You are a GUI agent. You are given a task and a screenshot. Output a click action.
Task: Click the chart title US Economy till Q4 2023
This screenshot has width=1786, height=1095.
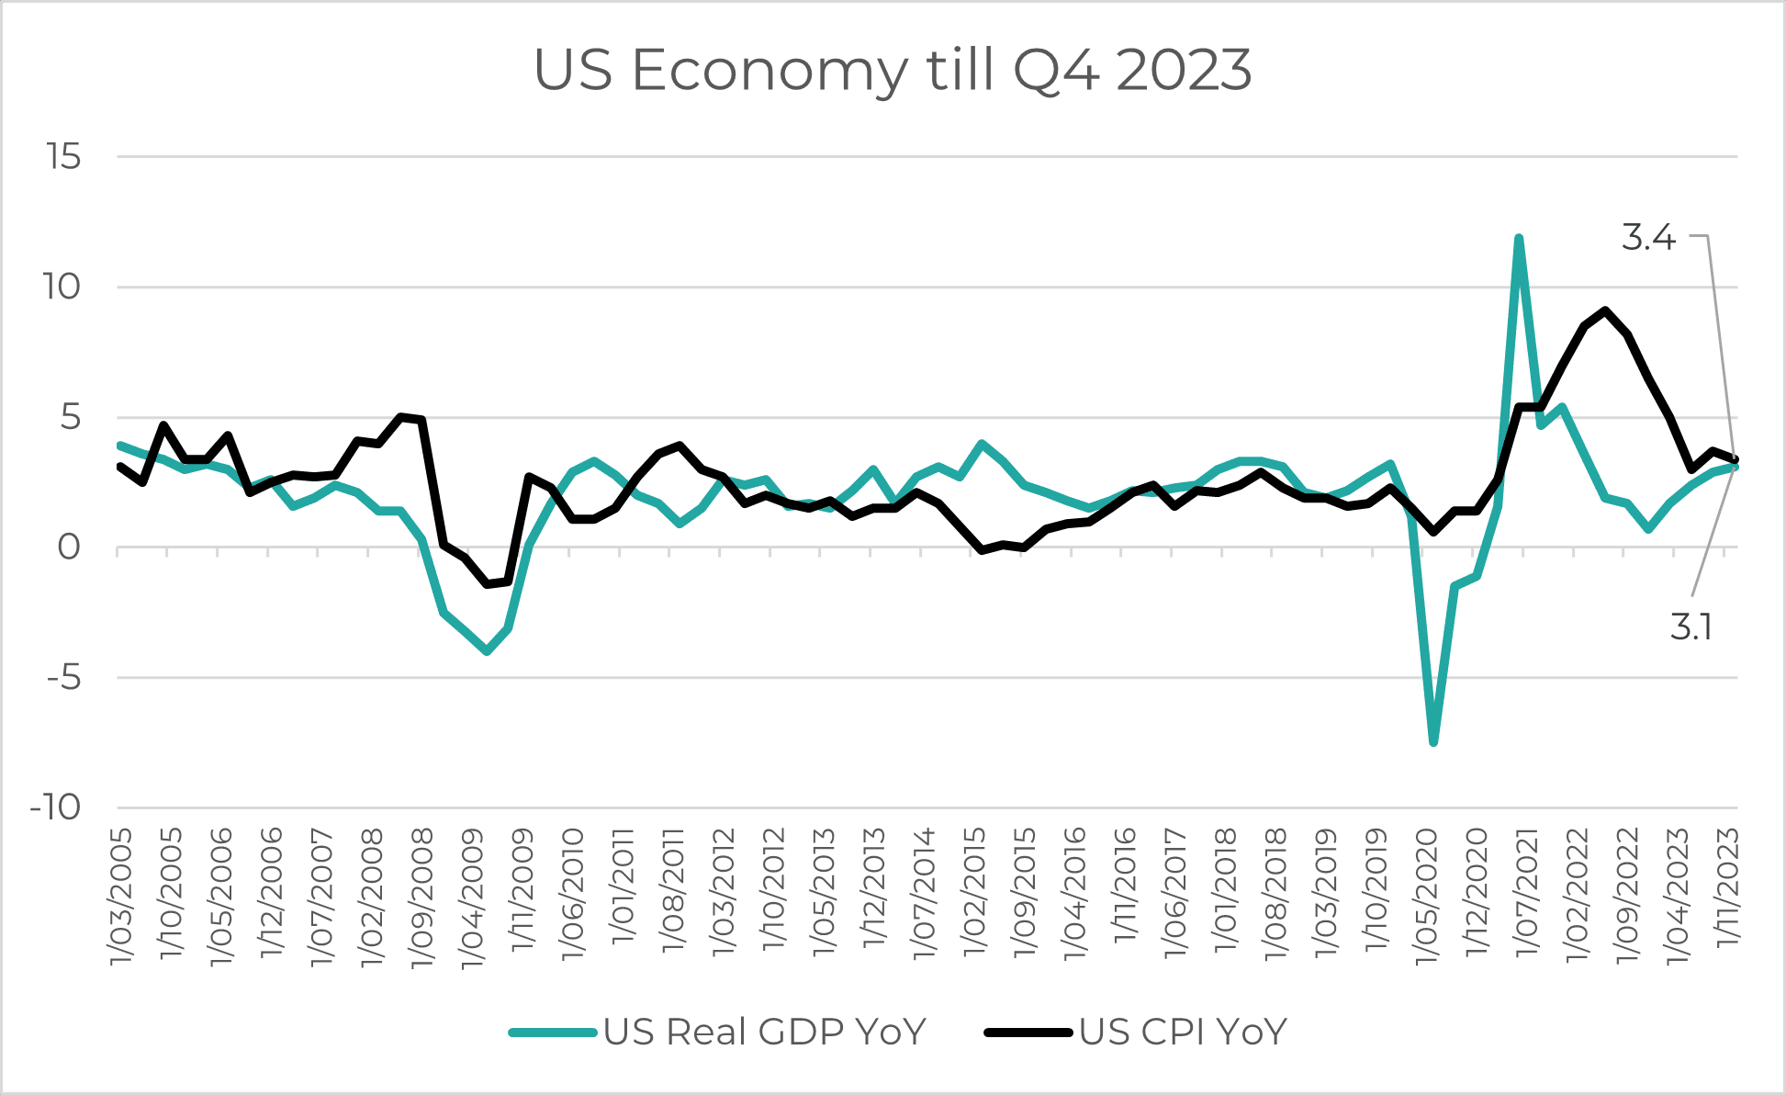pyautogui.click(x=893, y=71)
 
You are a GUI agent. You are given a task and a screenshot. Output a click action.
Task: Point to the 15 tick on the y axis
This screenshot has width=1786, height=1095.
pyautogui.click(x=64, y=157)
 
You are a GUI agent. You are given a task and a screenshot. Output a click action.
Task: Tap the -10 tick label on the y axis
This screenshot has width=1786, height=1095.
pyautogui.click(x=55, y=807)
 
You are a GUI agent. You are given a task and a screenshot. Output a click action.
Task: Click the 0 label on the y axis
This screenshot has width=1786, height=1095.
pyautogui.click(x=69, y=547)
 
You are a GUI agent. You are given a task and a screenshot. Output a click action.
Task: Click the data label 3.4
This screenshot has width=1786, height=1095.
pyautogui.click(x=1648, y=238)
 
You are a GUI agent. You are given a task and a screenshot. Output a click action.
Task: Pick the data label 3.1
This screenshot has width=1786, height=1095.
pyautogui.click(x=1691, y=627)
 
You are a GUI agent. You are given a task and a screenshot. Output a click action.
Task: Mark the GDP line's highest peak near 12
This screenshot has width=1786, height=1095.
pyautogui.click(x=1519, y=239)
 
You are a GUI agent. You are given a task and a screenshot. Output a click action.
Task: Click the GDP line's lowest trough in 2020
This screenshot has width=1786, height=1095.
pyautogui.click(x=1433, y=741)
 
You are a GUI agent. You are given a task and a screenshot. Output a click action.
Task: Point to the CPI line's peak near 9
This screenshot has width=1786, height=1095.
pyautogui.click(x=1604, y=310)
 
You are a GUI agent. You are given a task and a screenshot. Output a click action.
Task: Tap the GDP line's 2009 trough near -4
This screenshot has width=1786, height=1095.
pyautogui.click(x=487, y=651)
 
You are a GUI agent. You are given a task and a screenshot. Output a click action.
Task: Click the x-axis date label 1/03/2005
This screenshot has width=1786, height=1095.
pyautogui.click(x=121, y=897)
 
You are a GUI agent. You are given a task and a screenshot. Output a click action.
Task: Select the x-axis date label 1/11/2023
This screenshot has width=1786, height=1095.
pyautogui.click(x=1728, y=887)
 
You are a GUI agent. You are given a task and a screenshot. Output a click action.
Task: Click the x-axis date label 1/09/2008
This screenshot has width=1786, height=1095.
pyautogui.click(x=421, y=897)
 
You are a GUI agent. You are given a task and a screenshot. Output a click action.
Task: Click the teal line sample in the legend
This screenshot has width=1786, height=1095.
pyautogui.click(x=554, y=1033)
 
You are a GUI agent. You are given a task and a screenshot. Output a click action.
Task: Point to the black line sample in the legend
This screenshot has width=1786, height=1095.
pyautogui.click(x=1028, y=1033)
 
